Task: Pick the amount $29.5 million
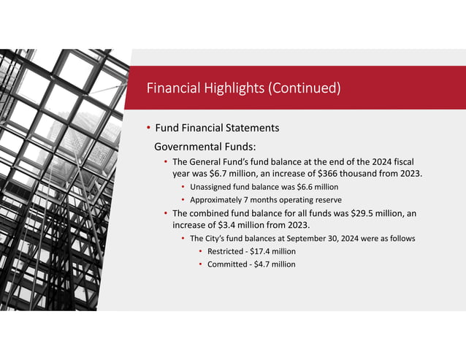360,212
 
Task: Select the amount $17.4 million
271,251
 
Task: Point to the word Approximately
216,199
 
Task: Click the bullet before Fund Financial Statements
148,128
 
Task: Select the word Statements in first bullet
253,128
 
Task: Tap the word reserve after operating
327,199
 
